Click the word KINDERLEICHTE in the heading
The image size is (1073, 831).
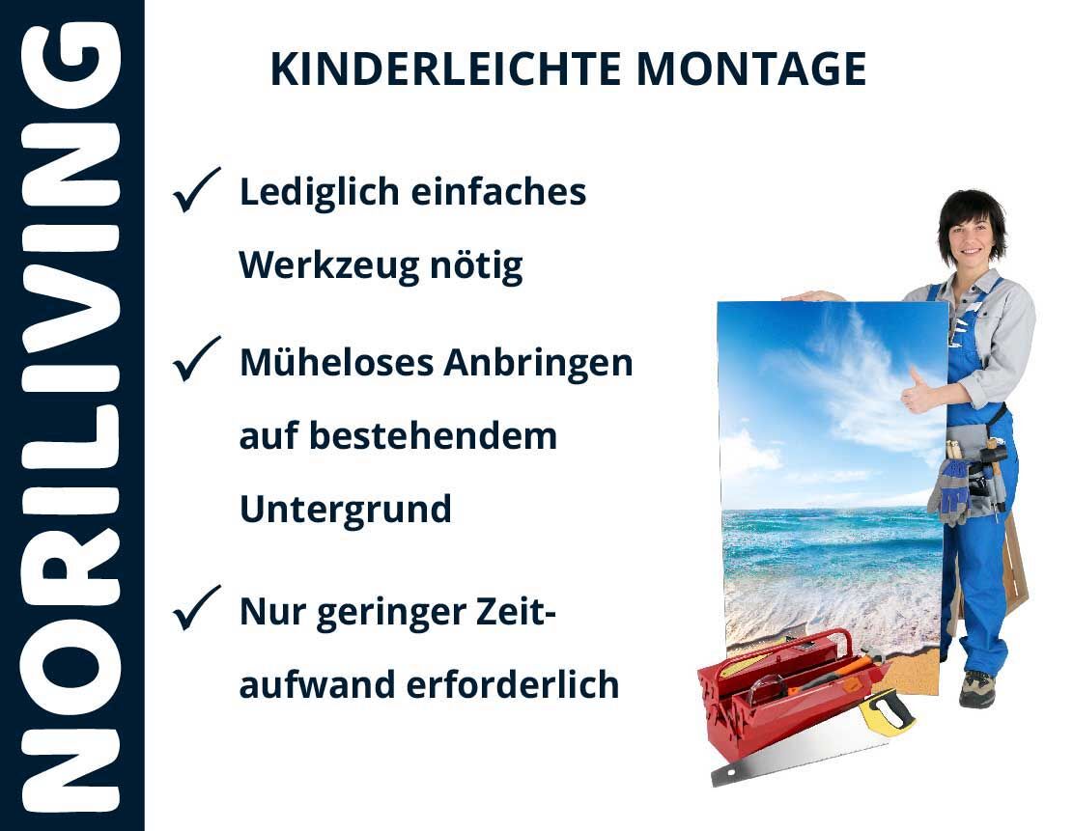pos(445,69)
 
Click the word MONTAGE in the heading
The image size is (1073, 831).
pos(751,69)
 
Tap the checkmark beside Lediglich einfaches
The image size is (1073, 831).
pos(196,190)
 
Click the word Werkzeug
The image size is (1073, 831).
pos(328,266)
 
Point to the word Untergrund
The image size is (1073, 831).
pos(346,510)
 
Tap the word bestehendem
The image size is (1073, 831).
pos(434,436)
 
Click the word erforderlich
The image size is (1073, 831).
pos(513,684)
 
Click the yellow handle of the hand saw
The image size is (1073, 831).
pos(887,711)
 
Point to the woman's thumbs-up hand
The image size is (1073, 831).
pos(917,391)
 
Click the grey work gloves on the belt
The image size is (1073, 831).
pos(949,489)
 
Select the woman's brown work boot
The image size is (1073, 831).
pos(976,688)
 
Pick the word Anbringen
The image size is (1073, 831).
pos(538,364)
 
